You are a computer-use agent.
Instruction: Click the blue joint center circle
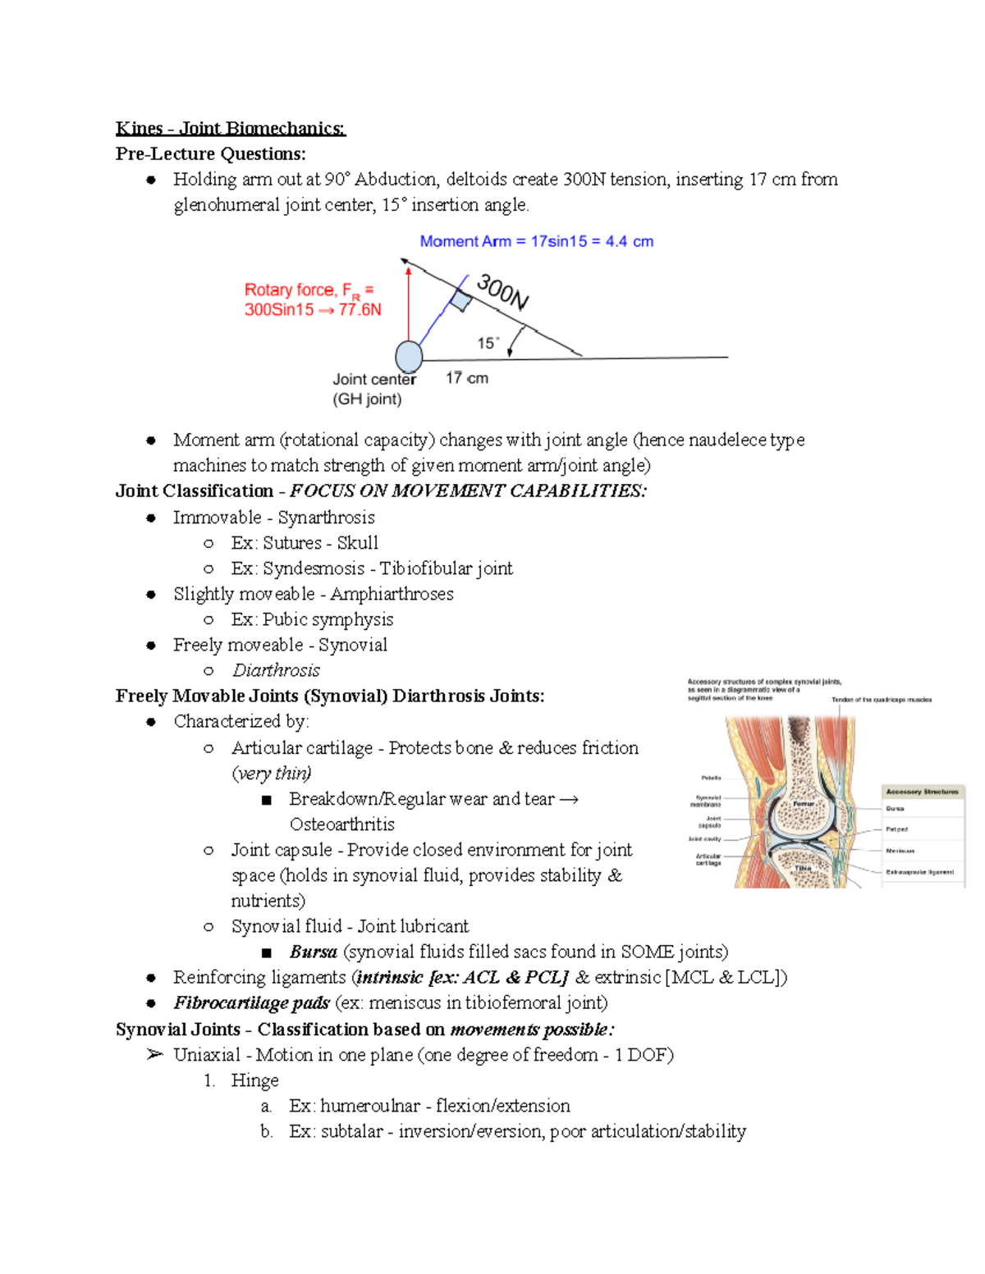pyautogui.click(x=409, y=357)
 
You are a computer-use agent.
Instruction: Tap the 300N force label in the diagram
pyautogui.click(x=502, y=292)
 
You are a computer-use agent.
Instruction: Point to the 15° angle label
pyautogui.click(x=488, y=343)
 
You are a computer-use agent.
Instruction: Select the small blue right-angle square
pyautogui.click(x=461, y=301)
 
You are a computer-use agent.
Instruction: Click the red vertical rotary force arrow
pyautogui.click(x=408, y=304)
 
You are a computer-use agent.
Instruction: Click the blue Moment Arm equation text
pyautogui.click(x=536, y=241)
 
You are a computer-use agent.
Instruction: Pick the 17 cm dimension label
pyautogui.click(x=466, y=378)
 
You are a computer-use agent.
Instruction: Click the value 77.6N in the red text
pyautogui.click(x=360, y=310)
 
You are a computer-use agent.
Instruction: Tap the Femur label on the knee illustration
pyautogui.click(x=803, y=804)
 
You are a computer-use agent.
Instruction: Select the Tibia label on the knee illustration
pyautogui.click(x=802, y=868)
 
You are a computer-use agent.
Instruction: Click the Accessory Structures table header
pyautogui.click(x=922, y=792)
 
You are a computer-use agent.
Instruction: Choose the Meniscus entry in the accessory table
pyautogui.click(x=900, y=851)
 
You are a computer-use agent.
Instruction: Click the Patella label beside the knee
pyautogui.click(x=711, y=778)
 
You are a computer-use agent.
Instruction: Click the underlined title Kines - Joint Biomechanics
pyautogui.click(x=231, y=128)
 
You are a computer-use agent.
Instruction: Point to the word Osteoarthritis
pyautogui.click(x=341, y=824)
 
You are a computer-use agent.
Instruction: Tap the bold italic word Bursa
pyautogui.click(x=313, y=952)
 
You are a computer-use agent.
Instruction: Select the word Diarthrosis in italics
pyautogui.click(x=276, y=670)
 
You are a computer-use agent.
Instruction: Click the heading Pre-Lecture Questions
pyautogui.click(x=210, y=153)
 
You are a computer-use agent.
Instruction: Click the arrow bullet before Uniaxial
pyautogui.click(x=154, y=1055)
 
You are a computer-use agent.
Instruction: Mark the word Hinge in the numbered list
pyautogui.click(x=254, y=1080)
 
